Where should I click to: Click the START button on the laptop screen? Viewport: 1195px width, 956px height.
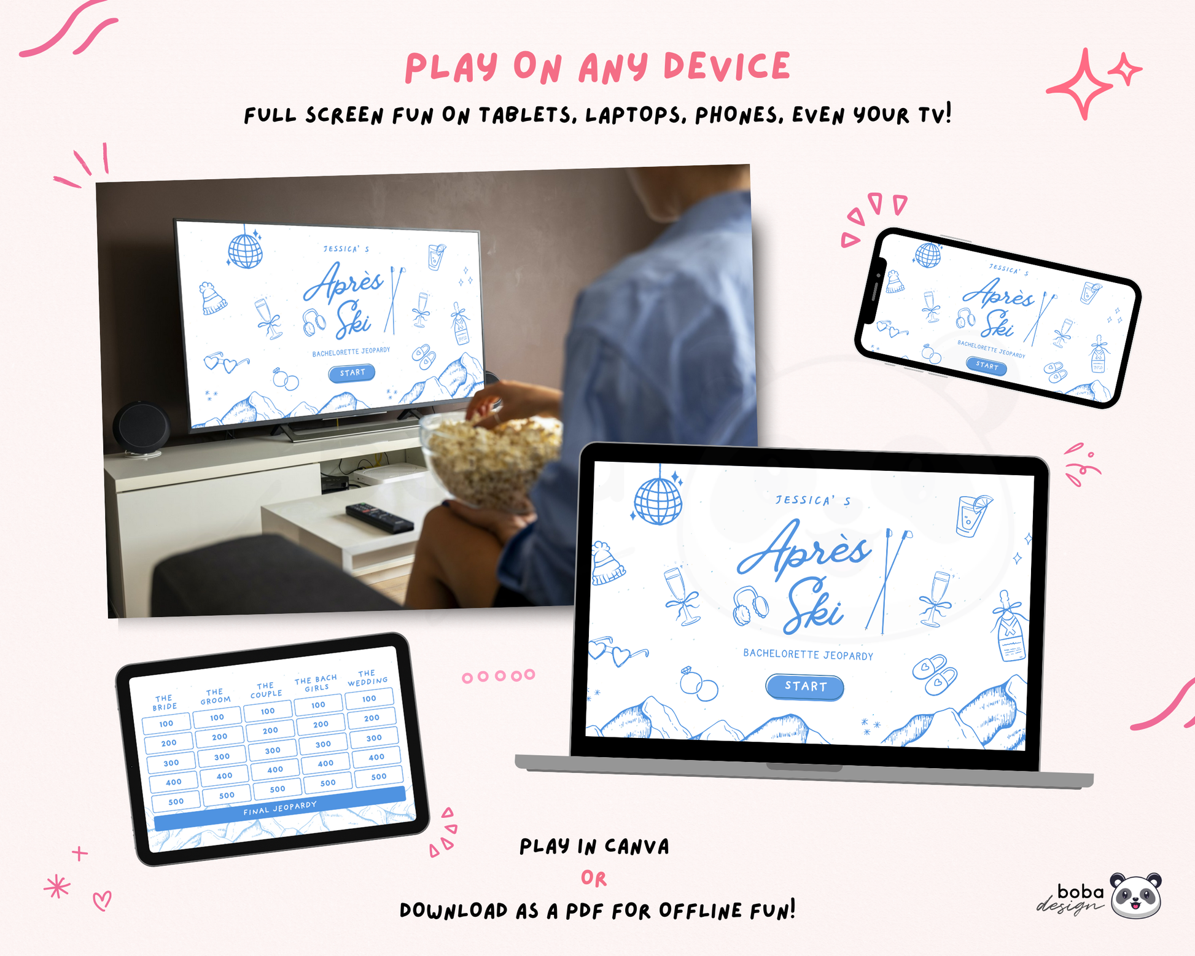pyautogui.click(x=804, y=686)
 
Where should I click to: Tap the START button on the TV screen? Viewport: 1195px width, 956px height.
pyautogui.click(x=352, y=373)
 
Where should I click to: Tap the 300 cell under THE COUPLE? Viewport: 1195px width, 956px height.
pyautogui.click(x=273, y=750)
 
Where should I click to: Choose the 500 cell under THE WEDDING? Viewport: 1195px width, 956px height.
pyautogui.click(x=379, y=776)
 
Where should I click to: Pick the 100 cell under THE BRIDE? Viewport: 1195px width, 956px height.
pyautogui.click(x=166, y=723)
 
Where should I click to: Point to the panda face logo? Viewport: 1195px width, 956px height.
pyautogui.click(x=1136, y=896)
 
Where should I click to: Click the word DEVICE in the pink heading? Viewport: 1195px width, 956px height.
pyautogui.click(x=727, y=66)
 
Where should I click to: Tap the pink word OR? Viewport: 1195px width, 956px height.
pyautogui.click(x=594, y=879)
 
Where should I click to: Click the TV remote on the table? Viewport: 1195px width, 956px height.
pyautogui.click(x=380, y=517)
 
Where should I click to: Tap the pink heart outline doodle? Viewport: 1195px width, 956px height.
pyautogui.click(x=103, y=901)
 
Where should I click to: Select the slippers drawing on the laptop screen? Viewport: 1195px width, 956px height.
pyautogui.click(x=935, y=674)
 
